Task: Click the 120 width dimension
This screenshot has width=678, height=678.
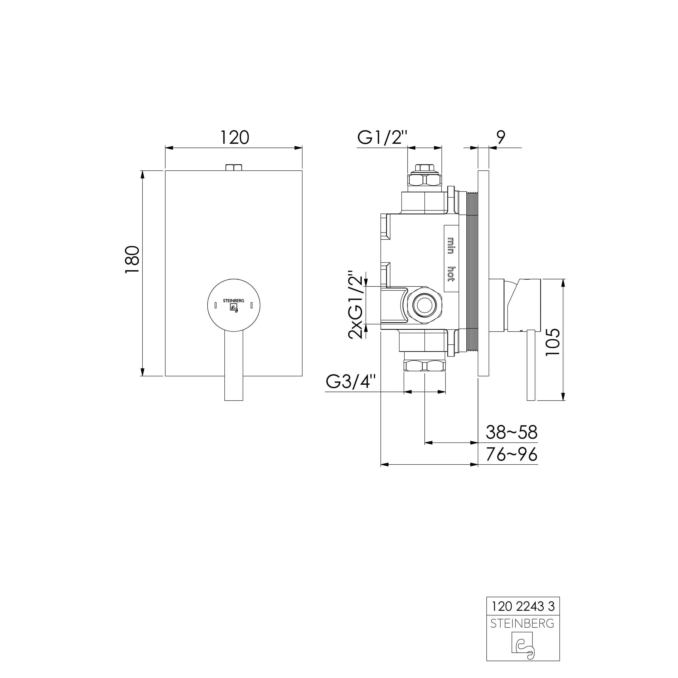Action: (235, 138)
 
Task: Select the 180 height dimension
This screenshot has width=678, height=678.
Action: (133, 260)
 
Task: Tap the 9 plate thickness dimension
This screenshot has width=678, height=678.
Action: (501, 138)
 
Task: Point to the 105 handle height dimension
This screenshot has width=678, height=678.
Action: (553, 342)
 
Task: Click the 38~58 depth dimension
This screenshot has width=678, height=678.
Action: (511, 433)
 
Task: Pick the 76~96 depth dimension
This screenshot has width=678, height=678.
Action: (511, 455)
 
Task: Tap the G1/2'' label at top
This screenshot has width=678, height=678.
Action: (383, 138)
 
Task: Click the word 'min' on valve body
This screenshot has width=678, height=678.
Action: (451, 246)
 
